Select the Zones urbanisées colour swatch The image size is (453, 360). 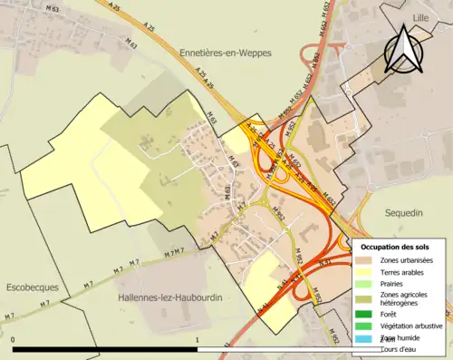(x=365, y=260)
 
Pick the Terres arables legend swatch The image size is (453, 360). (x=365, y=272)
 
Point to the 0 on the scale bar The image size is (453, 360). (x=14, y=340)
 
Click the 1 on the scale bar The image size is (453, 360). (x=198, y=340)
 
